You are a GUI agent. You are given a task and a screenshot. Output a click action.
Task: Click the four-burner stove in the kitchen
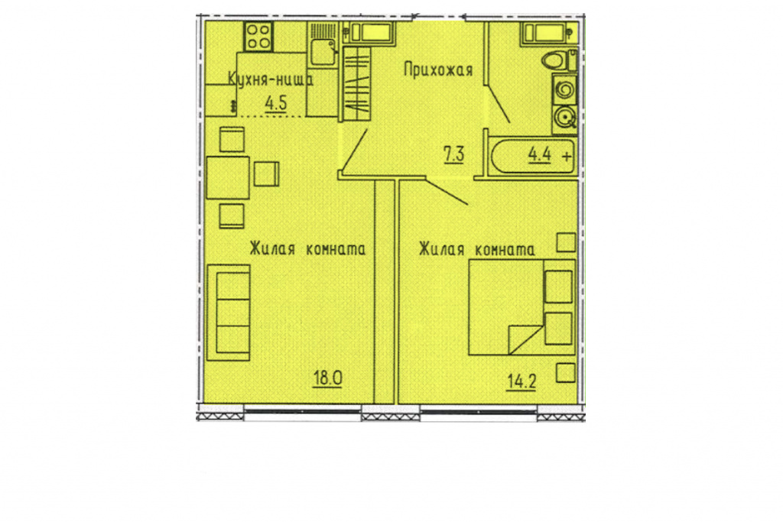[258, 37]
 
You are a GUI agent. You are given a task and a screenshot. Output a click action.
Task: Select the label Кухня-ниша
[271, 79]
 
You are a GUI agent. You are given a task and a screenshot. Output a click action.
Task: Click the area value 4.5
[275, 103]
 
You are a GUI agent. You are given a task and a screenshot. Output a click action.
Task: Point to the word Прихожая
[438, 70]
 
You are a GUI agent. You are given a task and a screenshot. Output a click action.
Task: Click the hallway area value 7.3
[454, 154]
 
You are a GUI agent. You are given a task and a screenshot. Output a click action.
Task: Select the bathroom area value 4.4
[540, 154]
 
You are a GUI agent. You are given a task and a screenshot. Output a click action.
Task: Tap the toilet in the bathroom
[559, 60]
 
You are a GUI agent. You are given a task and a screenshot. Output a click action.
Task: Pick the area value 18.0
[327, 378]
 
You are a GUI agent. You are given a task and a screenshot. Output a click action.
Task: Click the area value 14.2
[521, 382]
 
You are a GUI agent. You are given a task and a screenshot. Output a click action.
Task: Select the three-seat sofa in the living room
[228, 313]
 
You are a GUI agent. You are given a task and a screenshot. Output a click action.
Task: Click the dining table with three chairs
[228, 177]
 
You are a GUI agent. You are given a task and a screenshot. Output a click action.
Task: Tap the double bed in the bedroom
[522, 307]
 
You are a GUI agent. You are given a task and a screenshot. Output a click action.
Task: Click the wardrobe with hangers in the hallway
[357, 83]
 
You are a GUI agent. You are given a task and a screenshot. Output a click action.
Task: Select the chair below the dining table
[232, 216]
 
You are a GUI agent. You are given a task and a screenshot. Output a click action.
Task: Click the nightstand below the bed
[566, 372]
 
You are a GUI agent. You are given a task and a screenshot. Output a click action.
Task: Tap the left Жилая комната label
[307, 248]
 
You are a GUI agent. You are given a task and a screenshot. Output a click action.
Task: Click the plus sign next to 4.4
[567, 156]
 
